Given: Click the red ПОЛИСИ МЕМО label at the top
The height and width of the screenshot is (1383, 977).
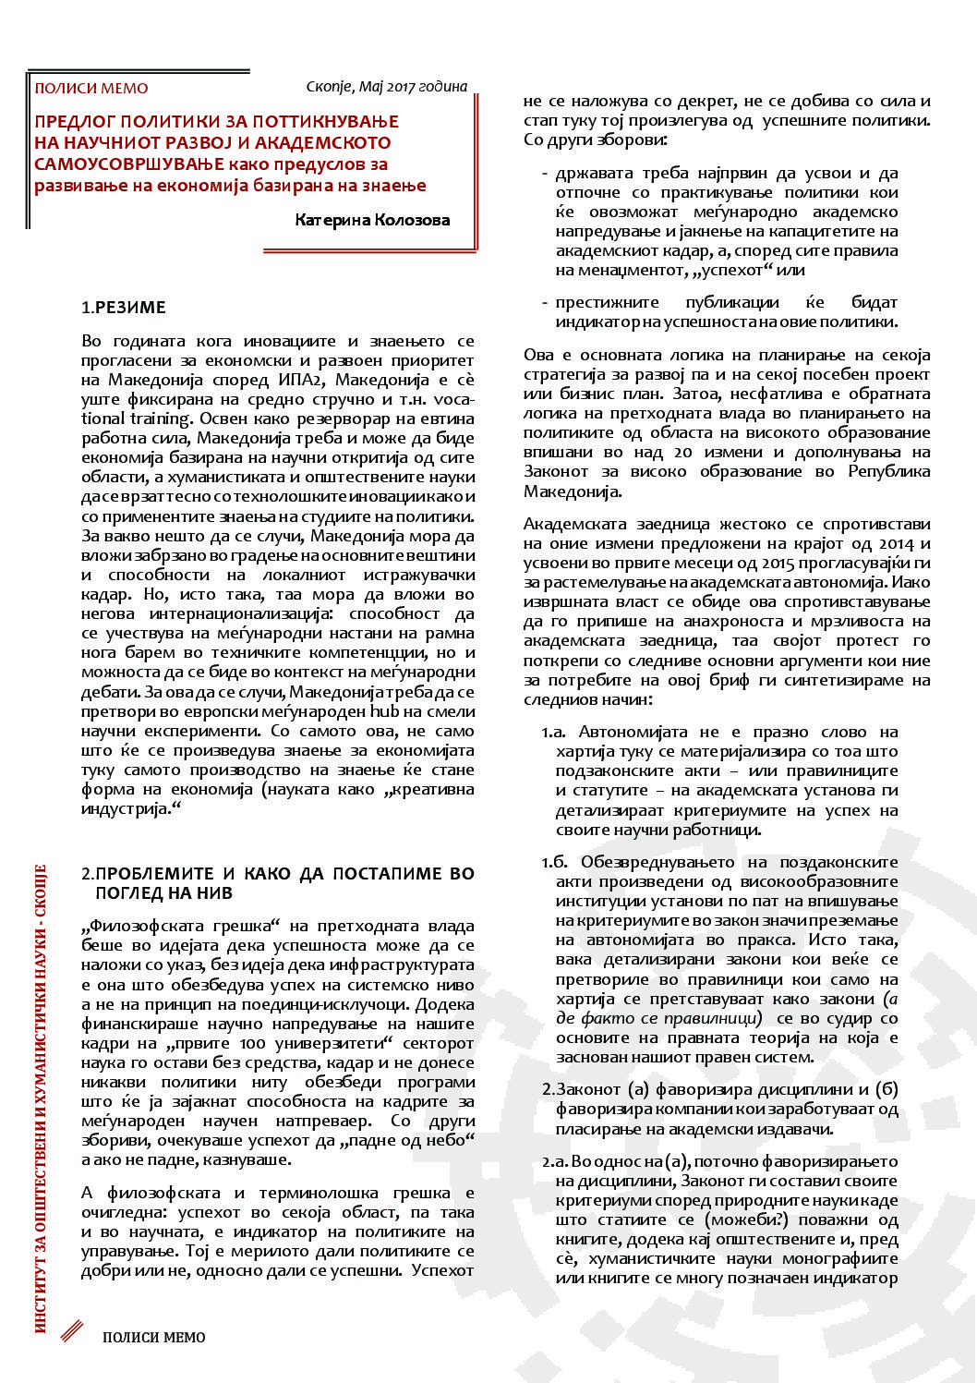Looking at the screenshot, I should [x=90, y=89].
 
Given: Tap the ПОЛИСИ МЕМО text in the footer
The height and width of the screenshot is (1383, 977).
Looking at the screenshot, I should [x=153, y=1337].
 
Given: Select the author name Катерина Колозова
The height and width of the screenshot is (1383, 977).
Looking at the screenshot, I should [x=372, y=220].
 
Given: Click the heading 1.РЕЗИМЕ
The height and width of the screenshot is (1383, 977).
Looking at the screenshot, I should [x=124, y=308].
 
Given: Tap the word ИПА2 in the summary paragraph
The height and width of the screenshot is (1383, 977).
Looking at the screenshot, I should [x=300, y=380].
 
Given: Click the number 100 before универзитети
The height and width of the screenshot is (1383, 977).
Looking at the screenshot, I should [x=252, y=1043].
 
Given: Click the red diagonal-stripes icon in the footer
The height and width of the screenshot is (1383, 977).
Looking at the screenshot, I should [x=72, y=1331].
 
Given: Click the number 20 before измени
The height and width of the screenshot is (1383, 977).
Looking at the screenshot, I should [x=682, y=452].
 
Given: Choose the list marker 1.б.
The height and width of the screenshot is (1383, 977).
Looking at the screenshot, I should [x=554, y=862].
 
